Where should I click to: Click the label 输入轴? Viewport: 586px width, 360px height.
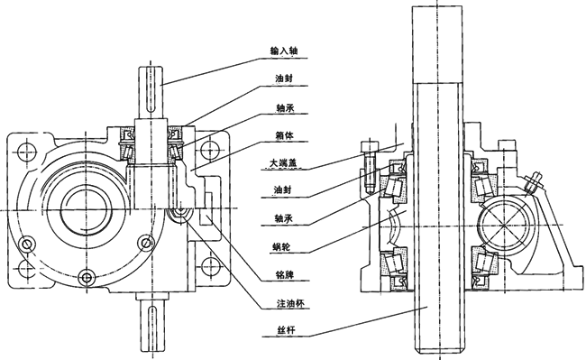[284, 51]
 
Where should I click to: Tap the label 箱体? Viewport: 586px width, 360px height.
[284, 134]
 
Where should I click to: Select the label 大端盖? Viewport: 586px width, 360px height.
[284, 163]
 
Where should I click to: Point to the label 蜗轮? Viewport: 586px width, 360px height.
[284, 247]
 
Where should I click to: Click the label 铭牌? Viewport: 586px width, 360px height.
[284, 275]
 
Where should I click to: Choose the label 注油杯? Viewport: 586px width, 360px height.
[287, 303]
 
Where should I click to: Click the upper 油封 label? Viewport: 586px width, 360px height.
[284, 78]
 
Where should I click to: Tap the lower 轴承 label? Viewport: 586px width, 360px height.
[284, 218]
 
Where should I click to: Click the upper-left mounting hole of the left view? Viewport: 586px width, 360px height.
[27, 151]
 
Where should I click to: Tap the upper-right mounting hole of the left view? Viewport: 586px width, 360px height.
[209, 151]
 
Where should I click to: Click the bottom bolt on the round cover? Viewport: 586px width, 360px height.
[87, 277]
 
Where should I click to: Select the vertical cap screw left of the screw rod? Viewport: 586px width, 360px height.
[370, 167]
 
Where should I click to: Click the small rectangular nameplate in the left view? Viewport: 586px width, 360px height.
[206, 216]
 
